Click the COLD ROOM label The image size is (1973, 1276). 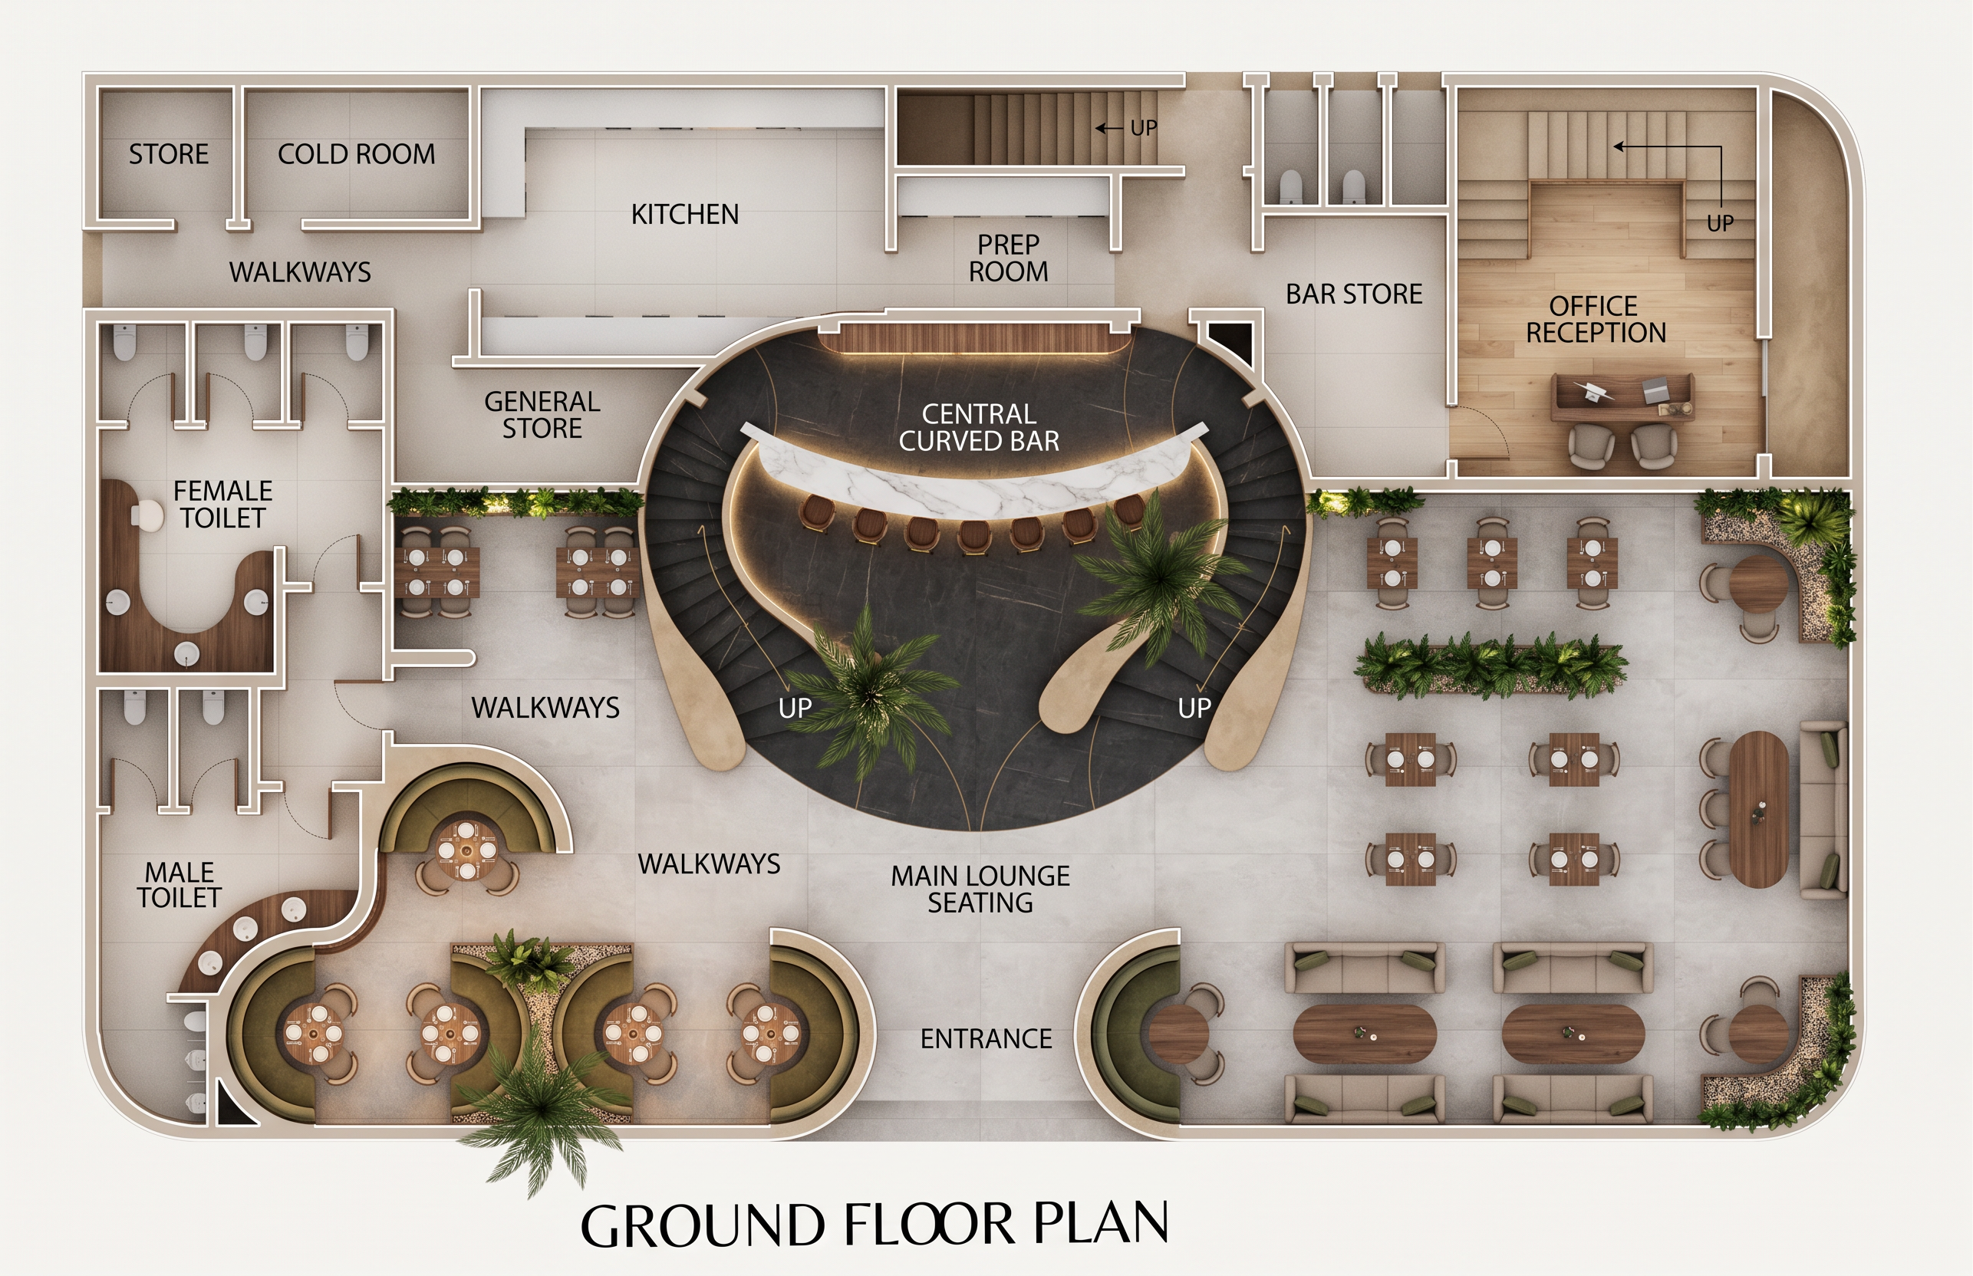pyautogui.click(x=356, y=154)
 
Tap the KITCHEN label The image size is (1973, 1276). pyautogui.click(x=684, y=215)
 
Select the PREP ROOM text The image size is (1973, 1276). pyautogui.click(x=1009, y=258)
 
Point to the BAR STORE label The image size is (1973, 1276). pyautogui.click(x=1353, y=294)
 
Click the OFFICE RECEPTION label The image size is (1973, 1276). pyautogui.click(x=1595, y=319)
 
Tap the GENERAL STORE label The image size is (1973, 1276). pyautogui.click(x=542, y=415)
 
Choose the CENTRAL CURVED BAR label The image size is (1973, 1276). pyautogui.click(x=979, y=428)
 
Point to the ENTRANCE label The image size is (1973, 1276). pyautogui.click(x=986, y=1038)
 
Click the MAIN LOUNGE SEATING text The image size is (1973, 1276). pyautogui.click(x=980, y=889)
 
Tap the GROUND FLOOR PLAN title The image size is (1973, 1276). pyautogui.click(x=875, y=1225)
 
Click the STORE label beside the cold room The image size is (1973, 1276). pyautogui.click(x=168, y=154)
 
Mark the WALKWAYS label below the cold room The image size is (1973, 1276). pyautogui.click(x=300, y=272)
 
